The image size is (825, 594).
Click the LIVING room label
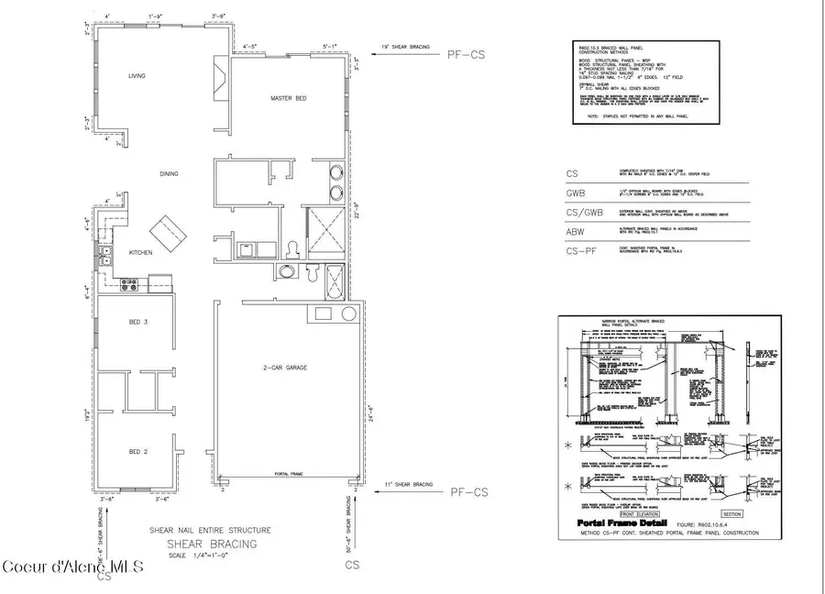pos(137,76)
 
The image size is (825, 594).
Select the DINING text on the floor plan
pos(167,173)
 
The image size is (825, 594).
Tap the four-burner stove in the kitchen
pos(129,285)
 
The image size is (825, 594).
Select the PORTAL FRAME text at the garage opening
pos(288,474)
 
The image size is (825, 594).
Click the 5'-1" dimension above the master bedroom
pos(331,45)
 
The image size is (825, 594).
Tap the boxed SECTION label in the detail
pos(731,514)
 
